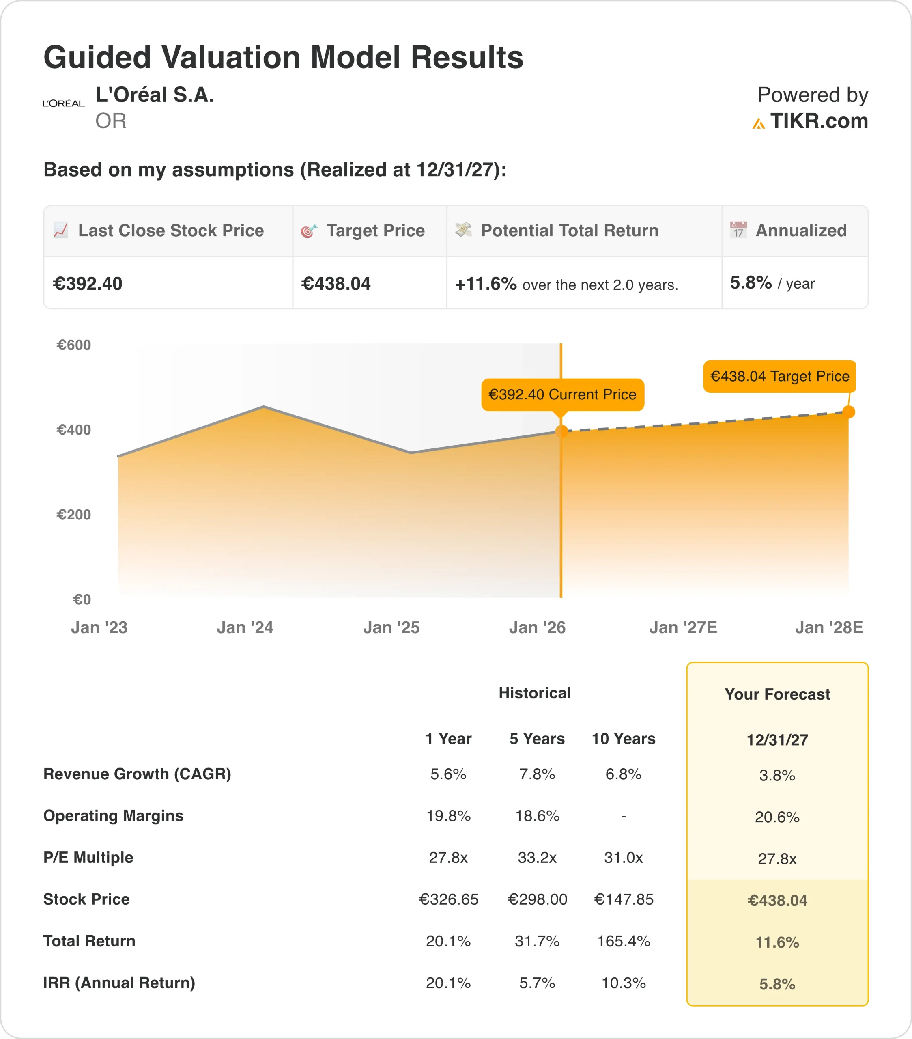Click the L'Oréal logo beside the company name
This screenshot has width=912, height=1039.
point(64,103)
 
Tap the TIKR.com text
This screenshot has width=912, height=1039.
point(819,121)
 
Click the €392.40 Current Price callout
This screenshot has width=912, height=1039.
point(562,394)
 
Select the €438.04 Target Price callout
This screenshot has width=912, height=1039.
point(779,377)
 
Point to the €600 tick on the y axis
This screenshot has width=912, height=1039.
point(74,345)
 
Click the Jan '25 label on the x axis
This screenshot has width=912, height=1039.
point(391,628)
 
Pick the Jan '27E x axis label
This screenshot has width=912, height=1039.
point(683,628)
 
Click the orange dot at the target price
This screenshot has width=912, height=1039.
point(848,412)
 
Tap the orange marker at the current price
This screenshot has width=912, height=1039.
point(561,431)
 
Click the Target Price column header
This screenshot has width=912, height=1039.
point(375,231)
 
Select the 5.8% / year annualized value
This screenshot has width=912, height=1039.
point(772,283)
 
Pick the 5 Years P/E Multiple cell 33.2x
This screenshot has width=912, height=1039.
point(537,858)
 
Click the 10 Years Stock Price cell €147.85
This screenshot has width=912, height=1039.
point(624,900)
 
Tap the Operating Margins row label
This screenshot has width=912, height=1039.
point(113,816)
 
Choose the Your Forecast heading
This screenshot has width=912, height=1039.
point(777,694)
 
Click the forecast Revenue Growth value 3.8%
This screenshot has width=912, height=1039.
point(777,776)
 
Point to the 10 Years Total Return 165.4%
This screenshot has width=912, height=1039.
point(624,942)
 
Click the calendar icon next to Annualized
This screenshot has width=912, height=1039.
point(738,230)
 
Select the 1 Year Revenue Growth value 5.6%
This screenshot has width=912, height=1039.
point(448,774)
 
